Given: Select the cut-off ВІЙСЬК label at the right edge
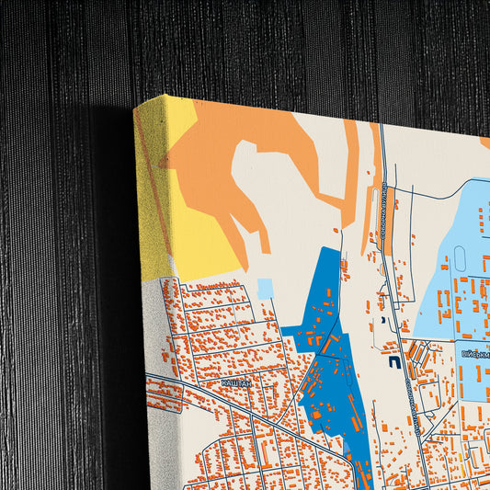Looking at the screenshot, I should click(475, 352).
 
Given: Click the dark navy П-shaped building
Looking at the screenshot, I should click(394, 363).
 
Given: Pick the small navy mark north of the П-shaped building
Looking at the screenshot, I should click(381, 321).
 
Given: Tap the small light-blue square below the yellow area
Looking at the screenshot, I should click(266, 289).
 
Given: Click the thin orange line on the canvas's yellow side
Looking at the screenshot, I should click(152, 184).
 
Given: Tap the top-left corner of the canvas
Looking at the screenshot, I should click(135, 108).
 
